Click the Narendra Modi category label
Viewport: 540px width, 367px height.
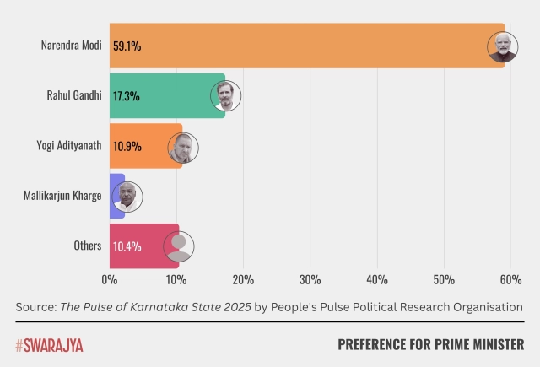point(71,46)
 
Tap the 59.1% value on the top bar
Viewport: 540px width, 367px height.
point(127,46)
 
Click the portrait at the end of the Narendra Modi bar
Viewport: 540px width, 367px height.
point(503,46)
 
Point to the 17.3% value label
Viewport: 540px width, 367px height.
point(127,95)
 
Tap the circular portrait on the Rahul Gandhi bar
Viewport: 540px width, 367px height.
point(225,96)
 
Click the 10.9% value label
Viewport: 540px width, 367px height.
point(127,146)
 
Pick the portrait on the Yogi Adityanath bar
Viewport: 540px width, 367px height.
point(181,147)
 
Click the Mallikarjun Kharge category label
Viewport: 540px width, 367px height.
point(62,196)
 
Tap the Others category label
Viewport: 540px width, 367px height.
point(88,246)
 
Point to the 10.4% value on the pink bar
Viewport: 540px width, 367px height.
point(127,246)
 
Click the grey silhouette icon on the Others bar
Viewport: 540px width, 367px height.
point(178,246)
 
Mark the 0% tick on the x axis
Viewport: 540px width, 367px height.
point(110,279)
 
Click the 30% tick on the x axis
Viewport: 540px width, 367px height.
point(310,279)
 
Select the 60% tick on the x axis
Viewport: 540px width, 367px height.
point(510,279)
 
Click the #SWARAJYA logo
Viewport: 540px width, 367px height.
point(49,344)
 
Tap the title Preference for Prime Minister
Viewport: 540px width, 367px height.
point(430,344)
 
